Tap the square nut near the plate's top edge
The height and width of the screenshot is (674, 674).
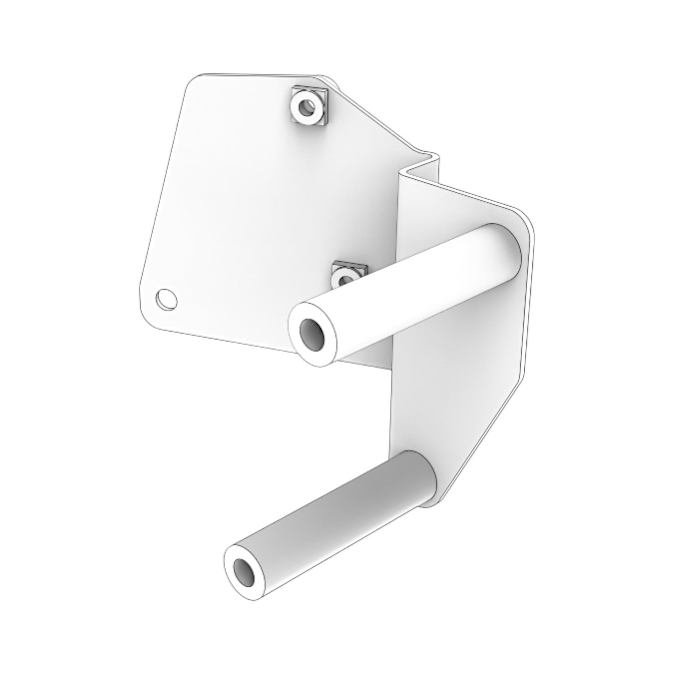(x=309, y=109)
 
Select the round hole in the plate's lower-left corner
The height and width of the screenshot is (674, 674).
(x=167, y=299)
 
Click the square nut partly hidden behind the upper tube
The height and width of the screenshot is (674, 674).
(x=349, y=275)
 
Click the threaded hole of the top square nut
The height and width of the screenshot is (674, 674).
(x=306, y=108)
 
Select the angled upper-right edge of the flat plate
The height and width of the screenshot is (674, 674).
(x=373, y=117)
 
